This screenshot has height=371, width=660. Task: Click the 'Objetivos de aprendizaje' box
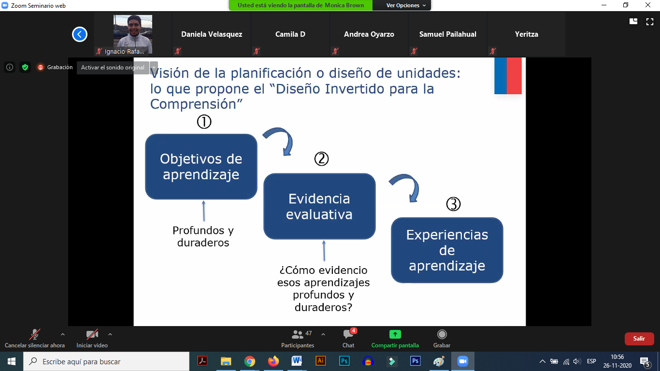click(x=201, y=167)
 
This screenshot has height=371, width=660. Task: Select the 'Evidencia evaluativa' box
click(x=319, y=206)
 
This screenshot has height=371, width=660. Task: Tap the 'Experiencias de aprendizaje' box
click(x=447, y=250)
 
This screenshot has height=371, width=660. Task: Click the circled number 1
click(x=204, y=122)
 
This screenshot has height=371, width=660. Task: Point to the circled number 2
click(x=321, y=159)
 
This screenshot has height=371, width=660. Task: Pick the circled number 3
click(x=453, y=204)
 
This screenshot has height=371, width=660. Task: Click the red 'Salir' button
click(x=639, y=339)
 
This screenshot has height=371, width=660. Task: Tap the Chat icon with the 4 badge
click(x=348, y=334)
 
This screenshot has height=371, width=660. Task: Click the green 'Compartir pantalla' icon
click(x=395, y=334)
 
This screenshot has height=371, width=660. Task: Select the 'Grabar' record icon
click(x=442, y=334)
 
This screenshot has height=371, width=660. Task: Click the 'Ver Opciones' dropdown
click(x=406, y=5)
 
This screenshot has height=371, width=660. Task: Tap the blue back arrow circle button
click(x=80, y=34)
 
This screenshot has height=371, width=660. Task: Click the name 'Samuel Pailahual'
click(x=447, y=34)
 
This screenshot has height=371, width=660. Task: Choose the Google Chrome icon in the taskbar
click(x=250, y=361)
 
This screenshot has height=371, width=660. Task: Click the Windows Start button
click(x=12, y=361)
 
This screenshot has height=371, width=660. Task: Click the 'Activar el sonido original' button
click(x=113, y=68)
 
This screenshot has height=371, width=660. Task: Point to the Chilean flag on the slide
click(x=508, y=76)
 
